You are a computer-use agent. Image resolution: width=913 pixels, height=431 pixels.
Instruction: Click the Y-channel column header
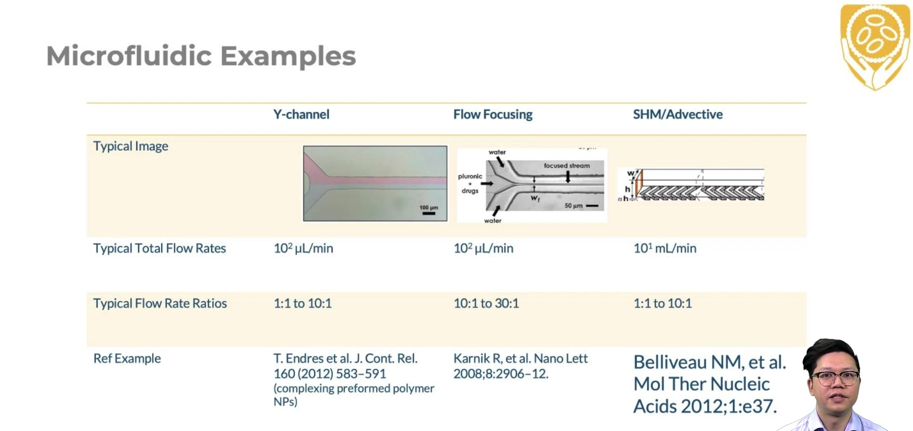click(x=301, y=115)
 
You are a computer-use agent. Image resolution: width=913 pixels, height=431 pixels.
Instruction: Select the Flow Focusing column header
click(x=493, y=115)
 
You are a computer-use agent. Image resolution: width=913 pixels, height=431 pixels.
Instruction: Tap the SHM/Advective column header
click(x=678, y=115)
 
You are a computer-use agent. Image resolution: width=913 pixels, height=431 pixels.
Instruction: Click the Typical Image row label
click(x=130, y=146)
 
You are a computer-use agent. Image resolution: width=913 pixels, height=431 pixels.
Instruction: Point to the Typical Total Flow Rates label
click(x=159, y=248)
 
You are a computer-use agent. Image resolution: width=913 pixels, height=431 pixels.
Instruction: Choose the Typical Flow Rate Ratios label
click(x=160, y=303)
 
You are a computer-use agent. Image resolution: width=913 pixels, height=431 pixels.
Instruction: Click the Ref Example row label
click(x=127, y=359)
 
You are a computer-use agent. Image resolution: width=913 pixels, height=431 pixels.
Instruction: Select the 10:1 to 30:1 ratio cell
click(x=486, y=303)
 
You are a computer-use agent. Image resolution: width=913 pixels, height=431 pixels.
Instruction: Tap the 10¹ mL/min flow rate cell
click(x=665, y=248)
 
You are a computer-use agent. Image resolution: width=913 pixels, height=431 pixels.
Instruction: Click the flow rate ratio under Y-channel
click(x=303, y=303)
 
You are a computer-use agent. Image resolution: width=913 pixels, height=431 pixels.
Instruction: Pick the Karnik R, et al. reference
click(x=520, y=366)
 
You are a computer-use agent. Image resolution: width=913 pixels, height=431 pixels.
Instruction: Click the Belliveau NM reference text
click(x=709, y=384)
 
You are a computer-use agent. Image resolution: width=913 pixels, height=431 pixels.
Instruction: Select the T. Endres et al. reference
click(x=354, y=380)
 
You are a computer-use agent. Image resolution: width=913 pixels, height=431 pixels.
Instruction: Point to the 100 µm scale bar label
click(x=428, y=208)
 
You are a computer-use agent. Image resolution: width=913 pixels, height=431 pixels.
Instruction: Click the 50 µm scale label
click(x=573, y=206)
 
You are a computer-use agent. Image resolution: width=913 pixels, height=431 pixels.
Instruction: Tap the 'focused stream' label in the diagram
click(x=566, y=166)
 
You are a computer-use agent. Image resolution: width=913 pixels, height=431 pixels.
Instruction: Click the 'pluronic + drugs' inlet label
click(x=470, y=183)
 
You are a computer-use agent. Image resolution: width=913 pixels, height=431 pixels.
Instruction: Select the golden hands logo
click(x=874, y=47)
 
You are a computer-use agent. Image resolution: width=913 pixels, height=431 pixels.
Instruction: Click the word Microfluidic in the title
click(x=129, y=56)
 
